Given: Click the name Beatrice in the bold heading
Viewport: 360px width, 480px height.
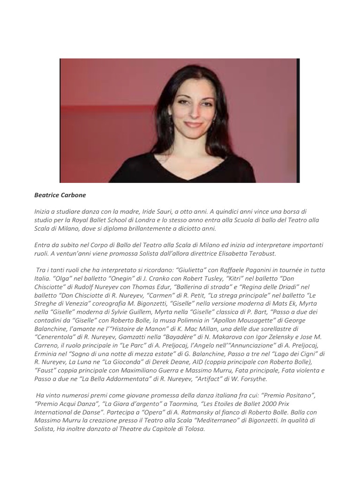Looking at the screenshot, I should click(46, 195).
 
